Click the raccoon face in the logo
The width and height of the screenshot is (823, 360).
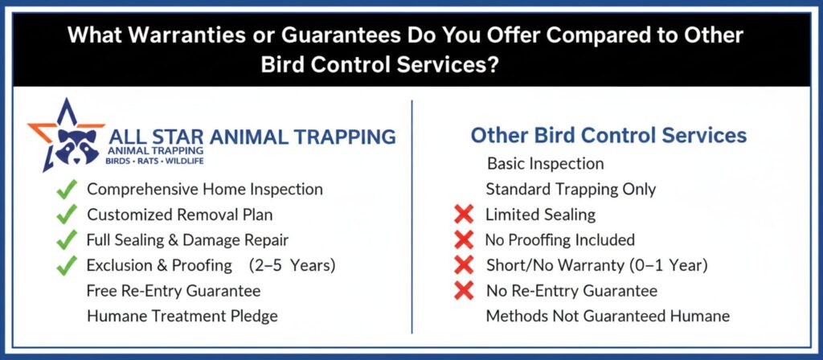[x=77, y=145]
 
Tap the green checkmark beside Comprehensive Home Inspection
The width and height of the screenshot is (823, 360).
[x=67, y=189]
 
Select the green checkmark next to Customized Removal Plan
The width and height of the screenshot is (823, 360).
[x=67, y=214]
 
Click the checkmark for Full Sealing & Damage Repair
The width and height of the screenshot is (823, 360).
[x=67, y=239]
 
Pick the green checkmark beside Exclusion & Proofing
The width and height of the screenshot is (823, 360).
[x=67, y=265]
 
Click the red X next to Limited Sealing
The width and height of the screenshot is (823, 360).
[x=464, y=214]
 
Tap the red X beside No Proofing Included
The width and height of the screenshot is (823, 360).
[x=464, y=239]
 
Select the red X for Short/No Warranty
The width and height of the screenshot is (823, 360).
[x=464, y=265]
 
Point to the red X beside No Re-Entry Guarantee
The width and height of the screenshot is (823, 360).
[x=464, y=290]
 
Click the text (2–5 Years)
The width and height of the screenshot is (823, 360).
[x=293, y=265]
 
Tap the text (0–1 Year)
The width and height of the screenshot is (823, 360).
[x=668, y=265]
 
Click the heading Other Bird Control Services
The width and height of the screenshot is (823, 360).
[x=609, y=135]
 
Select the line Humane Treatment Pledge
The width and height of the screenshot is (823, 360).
[x=182, y=316]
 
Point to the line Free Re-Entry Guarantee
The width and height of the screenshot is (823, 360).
[x=174, y=291]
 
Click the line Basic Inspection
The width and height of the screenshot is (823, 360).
[x=546, y=164]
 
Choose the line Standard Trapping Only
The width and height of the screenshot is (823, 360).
[x=571, y=189]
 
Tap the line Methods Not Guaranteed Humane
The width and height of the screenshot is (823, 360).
[x=608, y=316]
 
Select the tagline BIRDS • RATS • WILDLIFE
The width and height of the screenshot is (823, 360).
[x=154, y=161]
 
